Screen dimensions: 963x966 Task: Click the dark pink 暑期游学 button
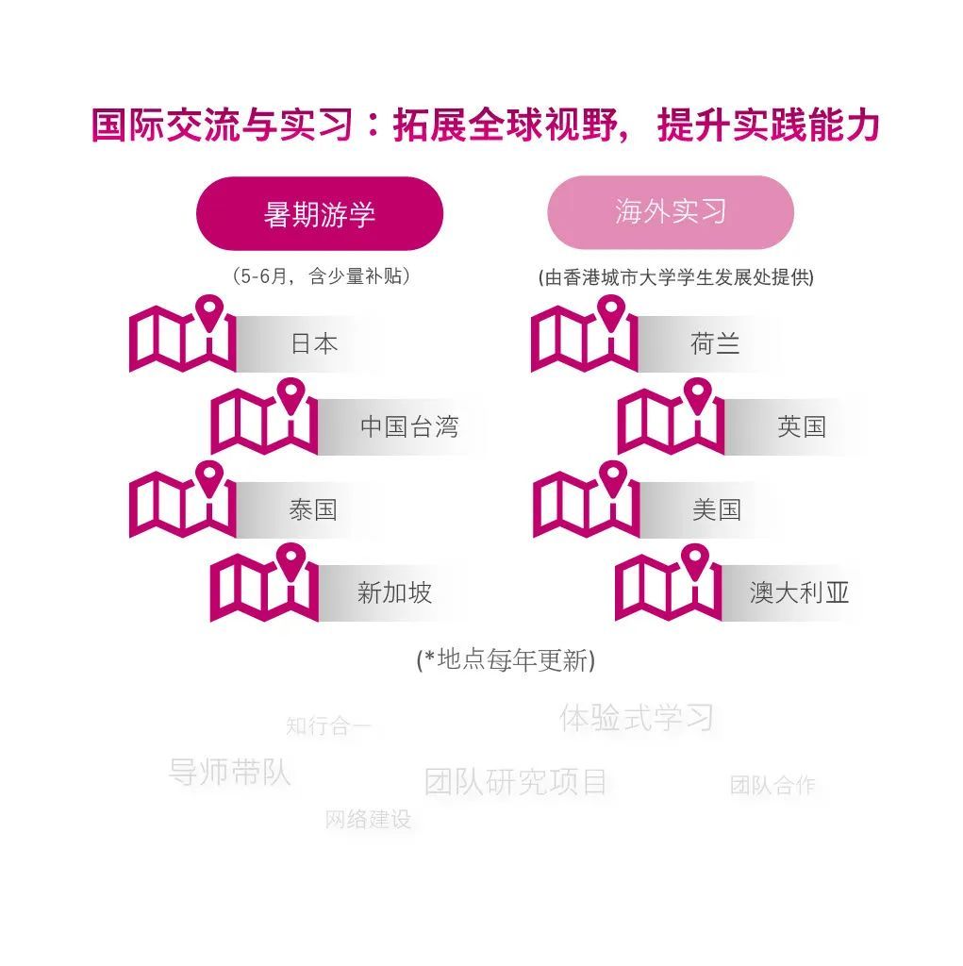[x=320, y=214]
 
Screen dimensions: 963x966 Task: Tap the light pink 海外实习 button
[x=671, y=212]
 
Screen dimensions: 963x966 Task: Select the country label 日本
[x=314, y=343]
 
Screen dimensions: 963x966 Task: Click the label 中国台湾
[x=409, y=426]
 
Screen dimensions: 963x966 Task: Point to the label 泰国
[x=313, y=509]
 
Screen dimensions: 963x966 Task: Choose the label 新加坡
[x=394, y=592]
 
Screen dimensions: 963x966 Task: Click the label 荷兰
[x=715, y=343]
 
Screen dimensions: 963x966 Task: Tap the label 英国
[x=802, y=426]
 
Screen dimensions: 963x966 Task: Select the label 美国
[x=717, y=509]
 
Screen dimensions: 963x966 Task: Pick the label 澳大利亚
[x=799, y=592]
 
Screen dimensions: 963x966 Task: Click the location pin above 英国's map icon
[x=697, y=395]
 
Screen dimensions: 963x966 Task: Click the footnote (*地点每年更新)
[x=506, y=659]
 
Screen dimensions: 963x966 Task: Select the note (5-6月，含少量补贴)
[x=321, y=276]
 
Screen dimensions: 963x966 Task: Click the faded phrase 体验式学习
[x=637, y=718]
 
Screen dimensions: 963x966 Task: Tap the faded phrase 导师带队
[x=229, y=772]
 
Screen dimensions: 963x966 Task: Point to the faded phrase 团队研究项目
[x=516, y=782]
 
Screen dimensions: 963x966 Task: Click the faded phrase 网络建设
[x=368, y=820]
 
